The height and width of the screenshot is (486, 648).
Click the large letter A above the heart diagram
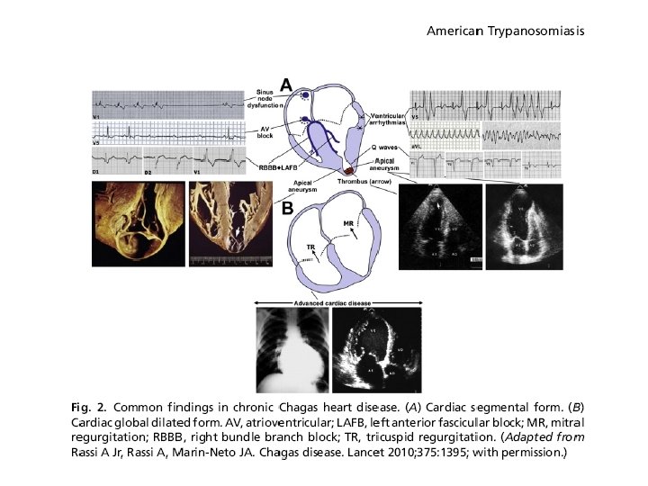click(x=286, y=85)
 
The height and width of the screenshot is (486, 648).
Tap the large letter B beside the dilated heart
click(x=287, y=209)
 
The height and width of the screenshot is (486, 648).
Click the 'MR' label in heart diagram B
click(x=348, y=221)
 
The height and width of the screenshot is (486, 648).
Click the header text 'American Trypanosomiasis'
click(x=506, y=31)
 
